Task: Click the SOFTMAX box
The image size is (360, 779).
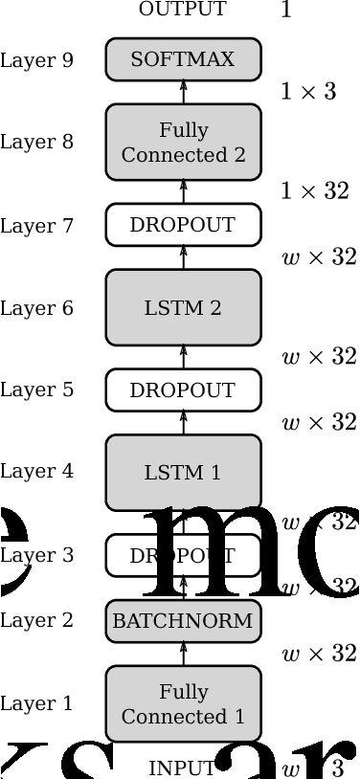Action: pos(183,59)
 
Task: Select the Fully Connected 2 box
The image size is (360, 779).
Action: pos(183,142)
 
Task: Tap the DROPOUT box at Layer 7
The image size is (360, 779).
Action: pos(183,225)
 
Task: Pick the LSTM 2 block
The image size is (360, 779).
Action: pos(183,307)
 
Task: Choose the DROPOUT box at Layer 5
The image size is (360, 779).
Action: pos(183,389)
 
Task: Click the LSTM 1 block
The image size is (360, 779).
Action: pos(183,472)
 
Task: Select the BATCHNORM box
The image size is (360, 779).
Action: pos(183,620)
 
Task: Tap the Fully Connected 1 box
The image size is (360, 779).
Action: pos(183,703)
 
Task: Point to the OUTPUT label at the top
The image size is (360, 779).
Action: pos(183,10)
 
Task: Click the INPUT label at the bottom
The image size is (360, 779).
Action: pos(182,768)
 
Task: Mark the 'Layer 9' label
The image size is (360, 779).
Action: pos(36,60)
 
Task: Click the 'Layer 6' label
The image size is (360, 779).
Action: pos(36,308)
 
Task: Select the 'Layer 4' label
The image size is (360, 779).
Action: pos(36,471)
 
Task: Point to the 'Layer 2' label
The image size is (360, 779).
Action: pos(36,620)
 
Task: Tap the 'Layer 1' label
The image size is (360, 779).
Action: pos(36,703)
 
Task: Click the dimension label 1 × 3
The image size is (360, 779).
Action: pos(308,92)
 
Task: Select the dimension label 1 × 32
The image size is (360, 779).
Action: pos(314,190)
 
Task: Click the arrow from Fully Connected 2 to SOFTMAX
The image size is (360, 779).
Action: pos(184,92)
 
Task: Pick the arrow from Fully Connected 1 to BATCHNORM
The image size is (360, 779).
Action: pos(184,654)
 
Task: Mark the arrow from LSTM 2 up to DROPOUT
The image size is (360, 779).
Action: pos(184,257)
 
